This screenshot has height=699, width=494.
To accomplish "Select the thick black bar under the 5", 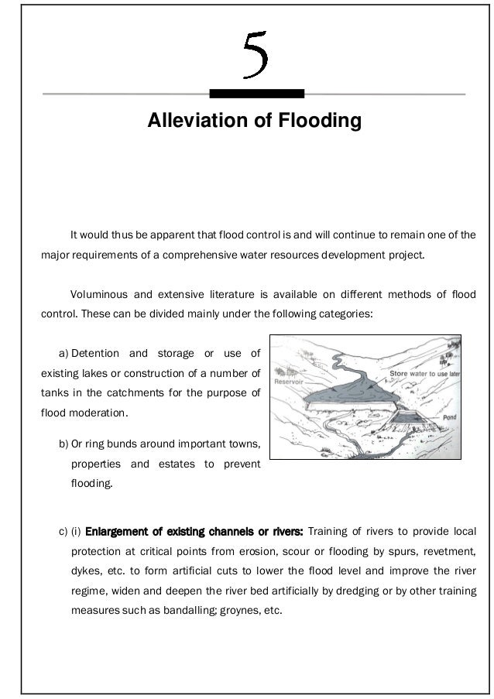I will [256, 94].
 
